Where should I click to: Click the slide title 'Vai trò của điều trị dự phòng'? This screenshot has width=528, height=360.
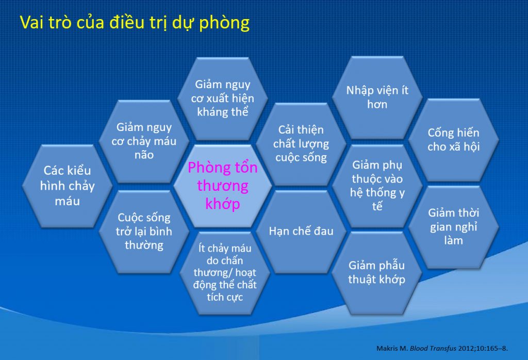tap(135, 23)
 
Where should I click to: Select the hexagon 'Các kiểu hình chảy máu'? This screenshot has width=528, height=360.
tap(68, 186)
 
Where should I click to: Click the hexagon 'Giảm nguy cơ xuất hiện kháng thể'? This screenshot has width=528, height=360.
tap(222, 98)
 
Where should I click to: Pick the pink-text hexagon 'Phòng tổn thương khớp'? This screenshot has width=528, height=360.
tap(222, 186)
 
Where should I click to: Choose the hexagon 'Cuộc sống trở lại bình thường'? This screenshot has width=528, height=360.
tap(144, 231)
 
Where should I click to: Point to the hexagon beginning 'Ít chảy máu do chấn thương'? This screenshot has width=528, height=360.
tap(222, 273)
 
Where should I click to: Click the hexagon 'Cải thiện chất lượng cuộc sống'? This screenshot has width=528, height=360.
tap(302, 143)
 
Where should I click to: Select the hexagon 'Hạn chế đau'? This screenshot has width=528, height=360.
tap(301, 231)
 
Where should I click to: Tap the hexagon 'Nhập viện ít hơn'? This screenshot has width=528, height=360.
tap(377, 97)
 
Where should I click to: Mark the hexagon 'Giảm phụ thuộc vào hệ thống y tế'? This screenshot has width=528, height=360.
tap(377, 186)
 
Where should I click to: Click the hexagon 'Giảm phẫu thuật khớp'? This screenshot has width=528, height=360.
tap(377, 272)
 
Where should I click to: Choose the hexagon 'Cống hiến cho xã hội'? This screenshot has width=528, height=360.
tap(454, 140)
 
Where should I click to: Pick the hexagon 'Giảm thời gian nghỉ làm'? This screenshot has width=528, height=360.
tap(454, 226)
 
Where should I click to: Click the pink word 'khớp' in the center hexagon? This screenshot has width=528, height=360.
tap(223, 204)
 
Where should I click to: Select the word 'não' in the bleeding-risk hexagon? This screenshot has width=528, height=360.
tap(144, 154)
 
